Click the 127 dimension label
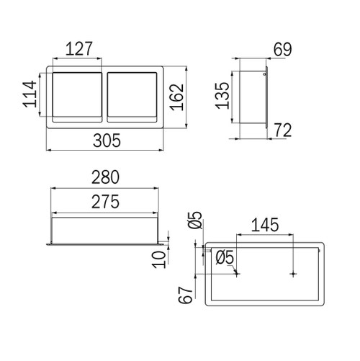coord(78,49)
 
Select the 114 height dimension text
coord(30,94)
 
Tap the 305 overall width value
coord(107,141)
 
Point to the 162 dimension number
coord(177,97)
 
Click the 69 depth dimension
coord(283,50)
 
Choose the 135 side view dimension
coord(222,96)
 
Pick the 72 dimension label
coord(283,130)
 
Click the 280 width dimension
coord(105,177)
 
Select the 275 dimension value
coord(105,202)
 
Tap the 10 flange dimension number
coord(159,259)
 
